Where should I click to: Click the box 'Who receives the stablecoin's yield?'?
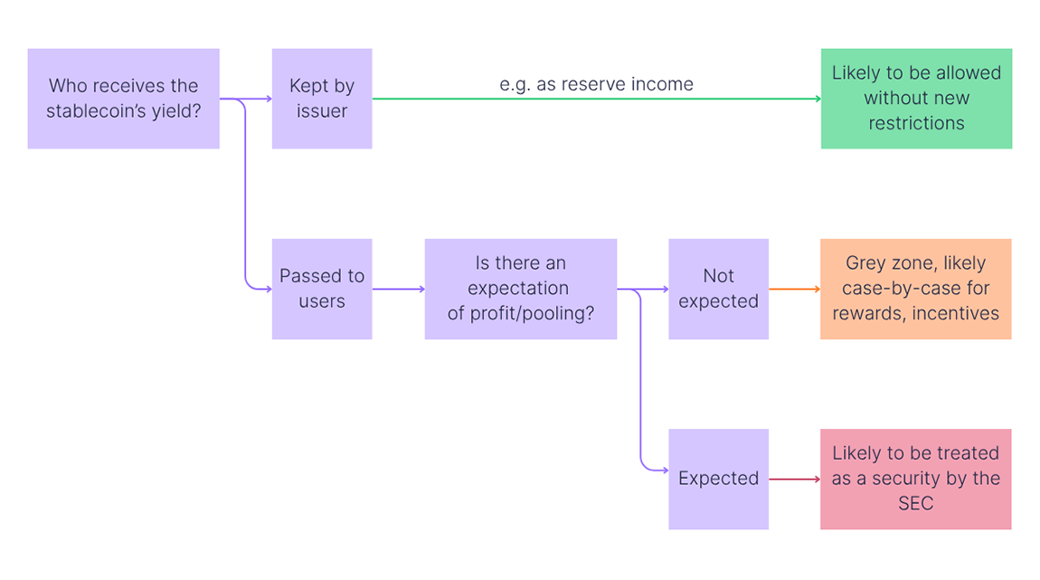pyautogui.click(x=123, y=99)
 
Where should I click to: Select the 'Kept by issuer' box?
pyautogui.click(x=322, y=99)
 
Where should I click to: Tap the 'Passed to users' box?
pyautogui.click(x=322, y=289)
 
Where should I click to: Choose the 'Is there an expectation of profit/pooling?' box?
pyautogui.click(x=521, y=289)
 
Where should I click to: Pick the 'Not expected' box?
pyautogui.click(x=718, y=289)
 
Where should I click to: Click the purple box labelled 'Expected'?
pyautogui.click(x=718, y=479)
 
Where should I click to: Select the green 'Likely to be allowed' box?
pyautogui.click(x=916, y=99)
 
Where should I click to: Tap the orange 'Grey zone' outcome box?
pyautogui.click(x=915, y=289)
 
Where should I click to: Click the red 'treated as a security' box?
pyautogui.click(x=915, y=479)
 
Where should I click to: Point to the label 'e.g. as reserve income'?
pyautogui.click(x=596, y=84)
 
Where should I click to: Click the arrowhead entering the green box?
pyautogui.click(x=817, y=99)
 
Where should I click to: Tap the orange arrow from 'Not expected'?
pyautogui.click(x=794, y=290)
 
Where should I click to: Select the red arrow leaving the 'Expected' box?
pyautogui.click(x=794, y=480)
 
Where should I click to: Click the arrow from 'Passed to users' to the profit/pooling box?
pyautogui.click(x=398, y=290)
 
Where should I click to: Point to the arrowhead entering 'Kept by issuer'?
pyautogui.click(x=268, y=99)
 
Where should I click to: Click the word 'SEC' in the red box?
pyautogui.click(x=915, y=503)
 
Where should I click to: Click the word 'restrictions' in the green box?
pyautogui.click(x=916, y=123)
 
